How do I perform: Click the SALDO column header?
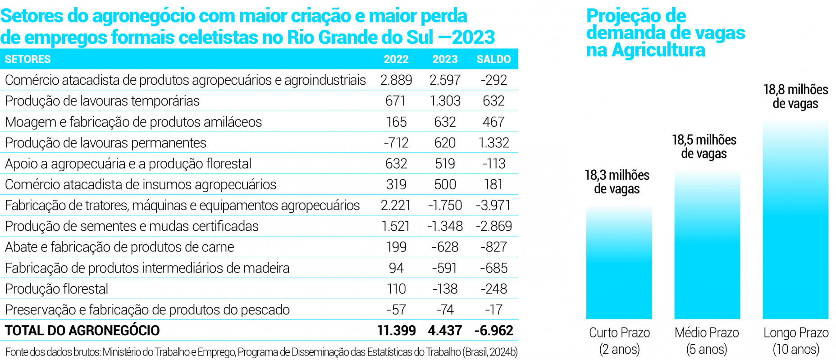pos(493,59)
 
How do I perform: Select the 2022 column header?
pos(396,59)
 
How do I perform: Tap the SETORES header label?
pos(28,59)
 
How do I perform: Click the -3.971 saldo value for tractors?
pos(493,205)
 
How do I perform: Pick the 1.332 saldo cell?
pos(493,143)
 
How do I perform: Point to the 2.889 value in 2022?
pos(396,80)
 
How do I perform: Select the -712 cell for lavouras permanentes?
pos(396,143)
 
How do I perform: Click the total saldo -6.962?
pos(493,331)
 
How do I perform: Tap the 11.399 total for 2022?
pos(396,331)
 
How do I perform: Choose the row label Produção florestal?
pos(56,289)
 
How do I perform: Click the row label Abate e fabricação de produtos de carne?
pos(119,247)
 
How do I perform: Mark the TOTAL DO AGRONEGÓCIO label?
pos(82,331)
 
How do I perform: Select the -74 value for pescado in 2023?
pos(445,310)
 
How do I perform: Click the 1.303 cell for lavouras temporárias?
pos(445,101)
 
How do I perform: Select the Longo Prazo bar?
pos(795,221)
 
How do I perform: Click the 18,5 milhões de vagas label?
pos(704,147)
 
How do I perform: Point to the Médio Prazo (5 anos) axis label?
pos(707,341)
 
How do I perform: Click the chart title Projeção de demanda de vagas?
pos(665,33)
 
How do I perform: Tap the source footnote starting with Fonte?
pos(261,352)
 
